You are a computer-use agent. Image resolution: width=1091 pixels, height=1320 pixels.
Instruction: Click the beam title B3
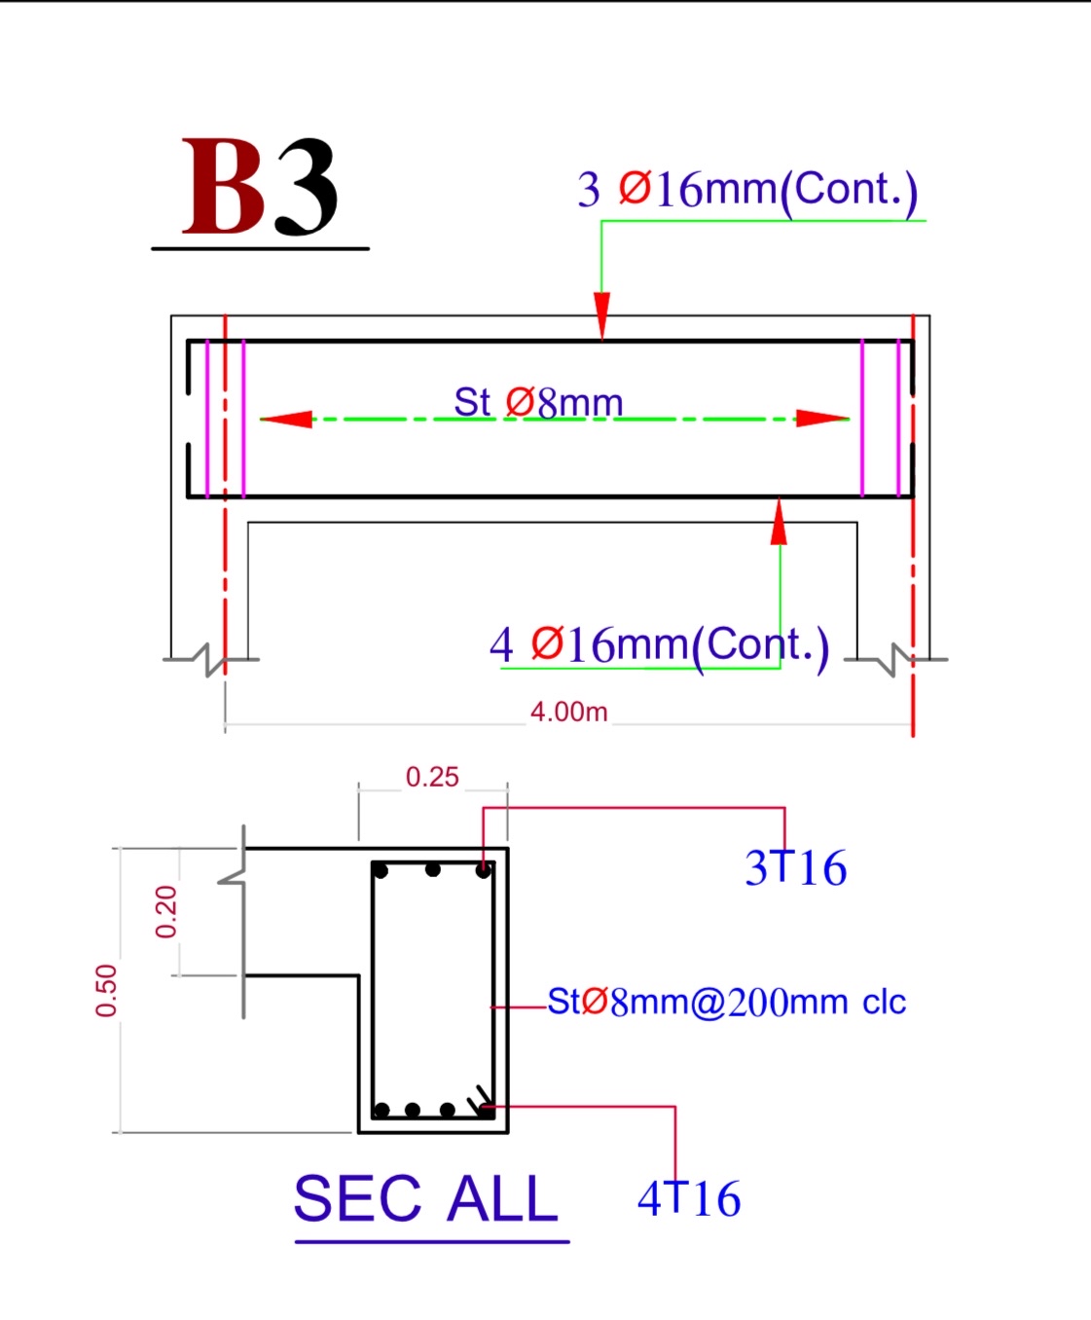pos(260,187)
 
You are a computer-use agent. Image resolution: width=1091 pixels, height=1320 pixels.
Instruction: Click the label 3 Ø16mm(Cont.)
pos(746,189)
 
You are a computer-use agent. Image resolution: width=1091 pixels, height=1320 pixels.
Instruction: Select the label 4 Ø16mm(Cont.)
pos(659,644)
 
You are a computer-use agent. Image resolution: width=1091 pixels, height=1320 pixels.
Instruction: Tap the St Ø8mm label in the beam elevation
pos(537,402)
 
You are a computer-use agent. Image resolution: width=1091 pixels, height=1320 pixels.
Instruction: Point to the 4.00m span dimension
pos(568,712)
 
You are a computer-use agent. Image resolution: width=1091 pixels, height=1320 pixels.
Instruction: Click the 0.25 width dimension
pos(432,777)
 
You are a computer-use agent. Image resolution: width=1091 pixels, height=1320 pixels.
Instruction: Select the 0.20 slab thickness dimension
pos(166,911)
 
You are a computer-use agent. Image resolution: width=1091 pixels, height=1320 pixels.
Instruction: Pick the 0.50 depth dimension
pos(106,990)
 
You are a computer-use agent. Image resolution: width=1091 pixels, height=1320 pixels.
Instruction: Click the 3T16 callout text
pos(795,867)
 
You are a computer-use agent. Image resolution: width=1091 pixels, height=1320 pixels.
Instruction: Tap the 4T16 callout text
pos(689,1198)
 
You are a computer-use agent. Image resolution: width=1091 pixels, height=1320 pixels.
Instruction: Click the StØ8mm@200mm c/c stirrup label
pos(726,1002)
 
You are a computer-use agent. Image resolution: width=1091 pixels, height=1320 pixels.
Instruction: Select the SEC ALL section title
pos(426,1198)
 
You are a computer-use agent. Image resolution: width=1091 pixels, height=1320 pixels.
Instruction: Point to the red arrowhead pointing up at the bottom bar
pos(779,523)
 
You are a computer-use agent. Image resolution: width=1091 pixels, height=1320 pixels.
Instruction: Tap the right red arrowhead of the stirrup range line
pos(822,419)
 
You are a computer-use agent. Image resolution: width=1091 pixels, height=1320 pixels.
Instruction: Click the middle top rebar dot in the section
pos(433,869)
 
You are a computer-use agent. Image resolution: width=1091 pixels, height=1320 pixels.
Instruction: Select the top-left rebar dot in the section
pos(382,870)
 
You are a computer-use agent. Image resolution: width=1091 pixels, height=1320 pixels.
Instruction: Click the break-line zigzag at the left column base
pos(210,659)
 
